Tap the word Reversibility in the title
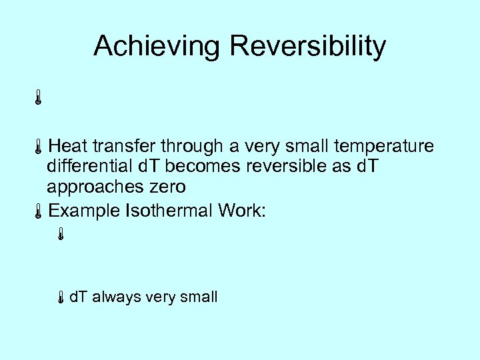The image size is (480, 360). (307, 47)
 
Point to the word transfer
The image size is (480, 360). (124, 146)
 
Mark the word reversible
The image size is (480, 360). (291, 166)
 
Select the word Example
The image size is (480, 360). (85, 211)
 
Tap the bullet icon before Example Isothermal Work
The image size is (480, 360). (39, 212)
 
